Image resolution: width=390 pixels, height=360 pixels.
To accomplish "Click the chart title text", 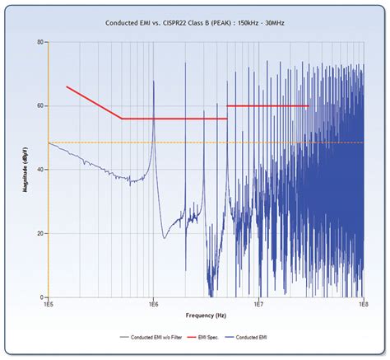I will (194, 24).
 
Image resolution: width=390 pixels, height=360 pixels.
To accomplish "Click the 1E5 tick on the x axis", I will (49, 306).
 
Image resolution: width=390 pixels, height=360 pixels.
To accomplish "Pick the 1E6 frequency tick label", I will (153, 306).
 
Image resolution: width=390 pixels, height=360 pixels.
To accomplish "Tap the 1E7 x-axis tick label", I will (258, 306).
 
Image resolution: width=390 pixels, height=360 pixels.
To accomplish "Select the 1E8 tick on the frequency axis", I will (362, 306).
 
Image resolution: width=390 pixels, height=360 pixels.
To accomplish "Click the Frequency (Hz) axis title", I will (205, 315).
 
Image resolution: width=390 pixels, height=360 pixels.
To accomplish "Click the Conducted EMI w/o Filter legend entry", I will (153, 337).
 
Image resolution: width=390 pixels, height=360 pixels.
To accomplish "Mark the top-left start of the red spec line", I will (67, 86).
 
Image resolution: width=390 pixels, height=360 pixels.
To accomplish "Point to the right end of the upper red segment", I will (308, 105).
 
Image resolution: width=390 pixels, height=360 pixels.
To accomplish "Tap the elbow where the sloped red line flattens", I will (122, 119).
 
